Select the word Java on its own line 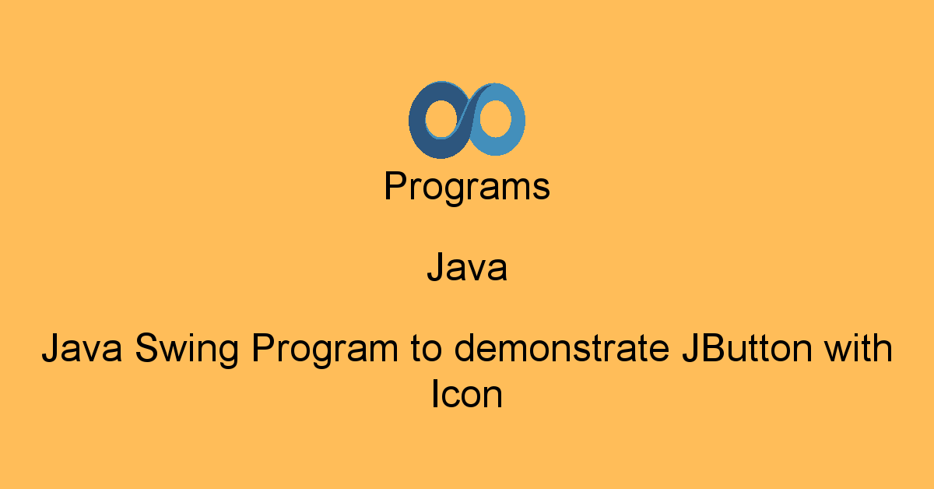click(467, 268)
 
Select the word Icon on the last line click(467, 396)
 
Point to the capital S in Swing click(146, 349)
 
